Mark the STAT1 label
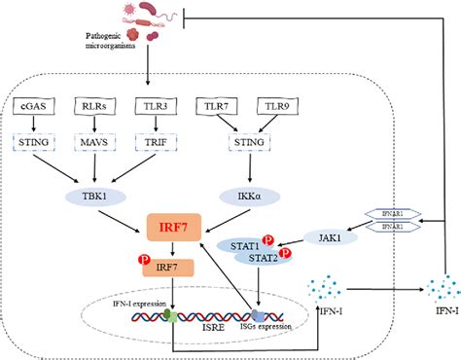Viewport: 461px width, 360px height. (x=242, y=245)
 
